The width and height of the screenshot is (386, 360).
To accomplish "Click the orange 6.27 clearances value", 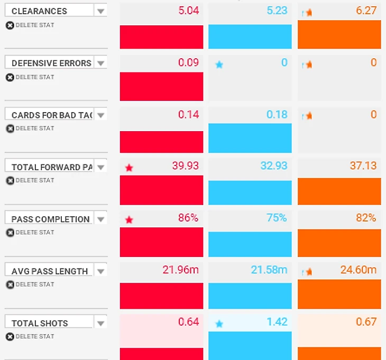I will (x=366, y=11).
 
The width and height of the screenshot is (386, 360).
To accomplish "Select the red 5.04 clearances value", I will (x=188, y=11).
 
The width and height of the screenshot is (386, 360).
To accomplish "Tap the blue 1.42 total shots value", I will (x=277, y=322).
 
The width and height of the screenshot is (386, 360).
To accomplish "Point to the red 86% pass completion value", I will (x=188, y=218).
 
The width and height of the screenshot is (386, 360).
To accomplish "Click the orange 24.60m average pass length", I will (x=358, y=270).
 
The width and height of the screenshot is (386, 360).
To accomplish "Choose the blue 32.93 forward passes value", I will (x=274, y=166).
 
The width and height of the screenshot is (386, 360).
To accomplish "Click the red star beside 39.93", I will (x=129, y=168).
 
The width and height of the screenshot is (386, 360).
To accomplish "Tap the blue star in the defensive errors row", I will (x=219, y=64).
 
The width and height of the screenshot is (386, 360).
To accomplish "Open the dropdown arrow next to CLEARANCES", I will (x=100, y=11).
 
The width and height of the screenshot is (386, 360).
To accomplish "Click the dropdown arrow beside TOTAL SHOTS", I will (x=100, y=323).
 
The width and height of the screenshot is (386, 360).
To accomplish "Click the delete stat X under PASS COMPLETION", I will (x=10, y=233).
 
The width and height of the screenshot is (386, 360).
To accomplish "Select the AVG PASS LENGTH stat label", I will (x=50, y=271).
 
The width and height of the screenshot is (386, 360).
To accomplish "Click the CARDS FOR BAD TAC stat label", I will (x=51, y=115).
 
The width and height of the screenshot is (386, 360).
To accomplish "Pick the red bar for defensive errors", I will (x=161, y=86).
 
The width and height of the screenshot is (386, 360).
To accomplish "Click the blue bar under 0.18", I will (x=250, y=139).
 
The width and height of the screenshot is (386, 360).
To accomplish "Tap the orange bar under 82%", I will (x=339, y=243).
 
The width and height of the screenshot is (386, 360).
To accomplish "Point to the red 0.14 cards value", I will (x=188, y=114).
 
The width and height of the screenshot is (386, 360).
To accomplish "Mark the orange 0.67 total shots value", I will (x=366, y=322).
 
